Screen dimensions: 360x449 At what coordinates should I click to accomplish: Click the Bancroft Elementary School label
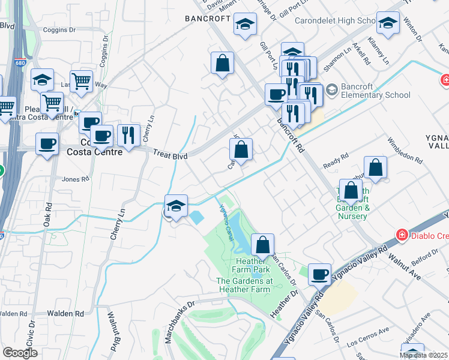375,91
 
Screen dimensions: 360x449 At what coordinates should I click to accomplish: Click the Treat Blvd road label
169,155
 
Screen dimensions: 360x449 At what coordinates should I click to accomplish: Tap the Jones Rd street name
75,179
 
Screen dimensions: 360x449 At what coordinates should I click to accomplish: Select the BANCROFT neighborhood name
208,19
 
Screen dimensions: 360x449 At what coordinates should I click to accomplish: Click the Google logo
20,353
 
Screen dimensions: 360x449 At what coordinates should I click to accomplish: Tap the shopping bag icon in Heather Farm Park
262,245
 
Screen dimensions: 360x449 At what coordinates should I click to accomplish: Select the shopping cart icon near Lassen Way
81,80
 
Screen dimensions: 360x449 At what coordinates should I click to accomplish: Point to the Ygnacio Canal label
225,218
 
